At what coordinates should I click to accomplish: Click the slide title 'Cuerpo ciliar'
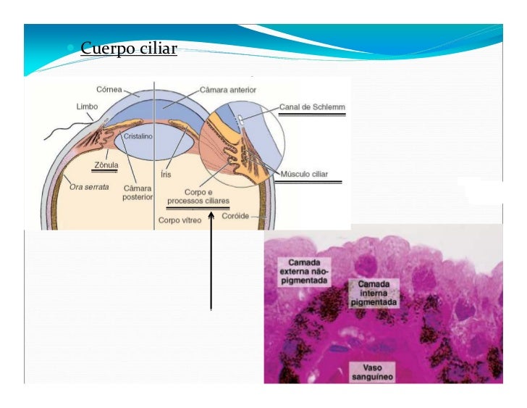(128, 49)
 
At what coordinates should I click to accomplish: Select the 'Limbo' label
(86, 106)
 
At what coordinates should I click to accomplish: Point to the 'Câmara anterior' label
(227, 90)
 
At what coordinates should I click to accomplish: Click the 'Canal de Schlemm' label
(312, 108)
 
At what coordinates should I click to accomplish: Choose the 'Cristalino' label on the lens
(137, 136)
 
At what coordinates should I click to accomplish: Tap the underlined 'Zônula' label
(105, 165)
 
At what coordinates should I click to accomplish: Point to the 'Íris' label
(166, 175)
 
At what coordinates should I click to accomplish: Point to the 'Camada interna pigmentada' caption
(374, 292)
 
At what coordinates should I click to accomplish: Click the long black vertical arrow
(211, 261)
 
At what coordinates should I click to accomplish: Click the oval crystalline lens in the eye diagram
(153, 141)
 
